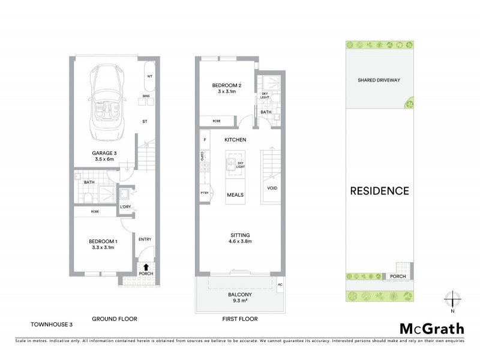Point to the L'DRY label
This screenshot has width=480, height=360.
(125, 207)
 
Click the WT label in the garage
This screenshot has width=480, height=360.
(149, 76)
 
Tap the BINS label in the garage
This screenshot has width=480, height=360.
(146, 96)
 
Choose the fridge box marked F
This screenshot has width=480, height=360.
(205, 140)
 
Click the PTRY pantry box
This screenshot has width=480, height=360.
(204, 193)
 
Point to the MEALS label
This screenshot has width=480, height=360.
(235, 195)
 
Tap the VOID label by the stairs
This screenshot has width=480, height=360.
(272, 188)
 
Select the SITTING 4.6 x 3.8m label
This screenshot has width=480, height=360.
(238, 238)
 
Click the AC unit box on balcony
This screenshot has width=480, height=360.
(280, 284)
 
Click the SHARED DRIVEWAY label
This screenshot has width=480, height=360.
(379, 80)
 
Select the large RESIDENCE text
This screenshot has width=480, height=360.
(380, 191)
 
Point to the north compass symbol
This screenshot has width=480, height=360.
(454, 299)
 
